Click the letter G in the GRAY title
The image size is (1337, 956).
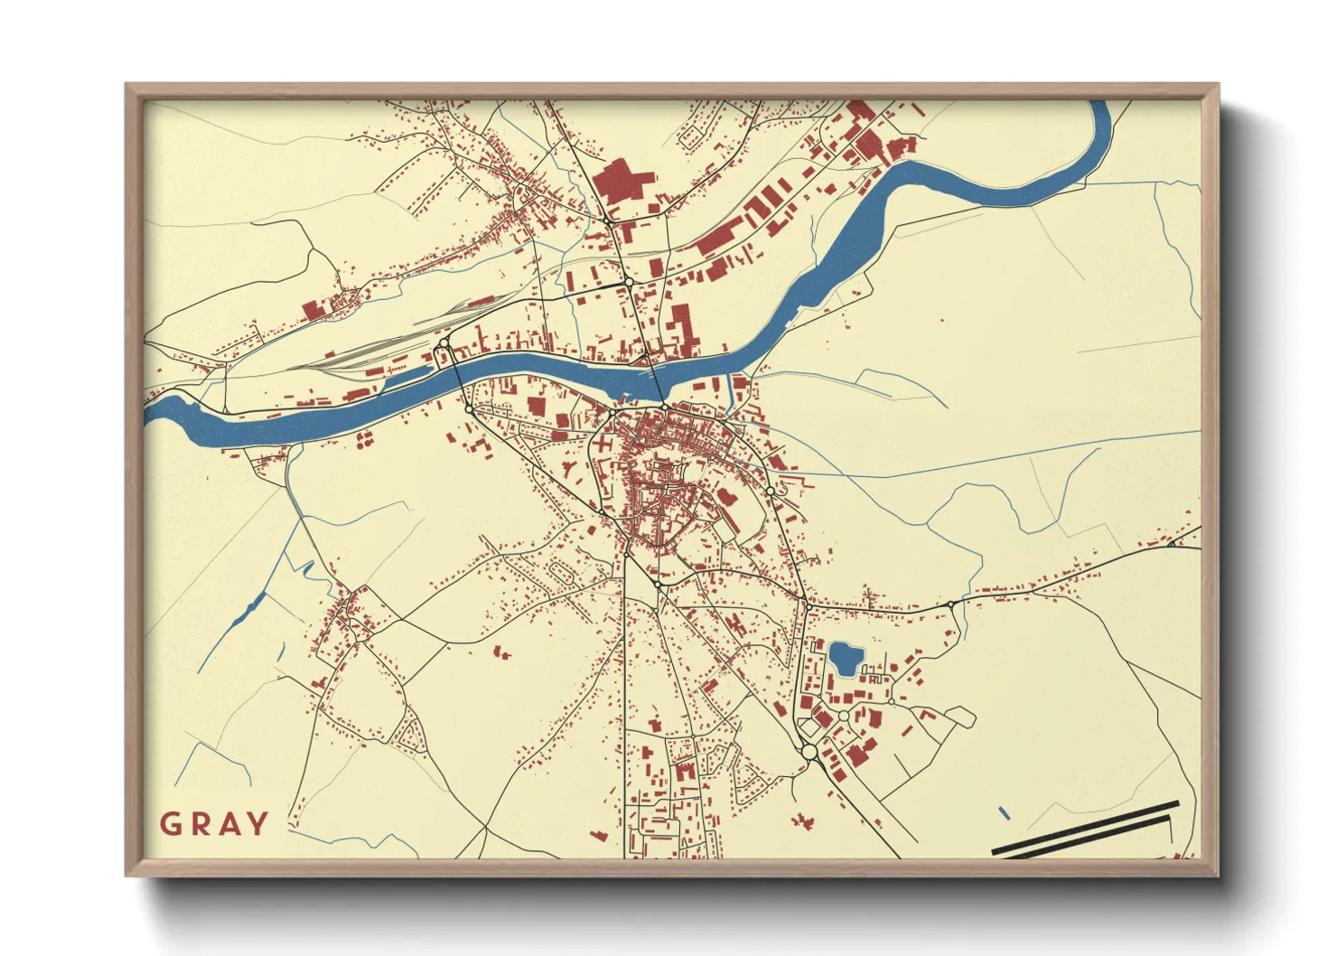tap(171, 824)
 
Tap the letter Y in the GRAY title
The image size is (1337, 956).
tap(257, 824)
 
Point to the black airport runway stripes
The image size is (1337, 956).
tap(1084, 829)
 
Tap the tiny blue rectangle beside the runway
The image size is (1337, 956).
tap(1005, 813)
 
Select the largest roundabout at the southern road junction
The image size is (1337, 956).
tap(809, 752)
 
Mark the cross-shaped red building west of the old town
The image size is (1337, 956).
tap(481, 445)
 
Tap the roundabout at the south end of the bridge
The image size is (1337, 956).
tap(665, 408)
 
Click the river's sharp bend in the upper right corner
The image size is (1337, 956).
tap(1100, 136)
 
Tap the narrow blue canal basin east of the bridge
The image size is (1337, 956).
tap(730, 391)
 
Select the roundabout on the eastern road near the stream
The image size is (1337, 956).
tap(951, 604)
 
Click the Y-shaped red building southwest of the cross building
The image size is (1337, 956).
tap(365, 440)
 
